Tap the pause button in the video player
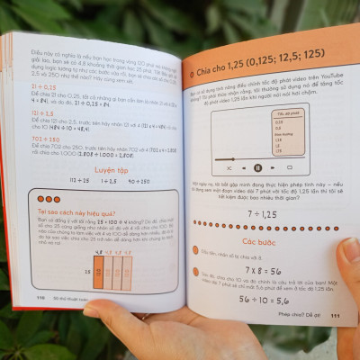pyautogui.click(x=257, y=167)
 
